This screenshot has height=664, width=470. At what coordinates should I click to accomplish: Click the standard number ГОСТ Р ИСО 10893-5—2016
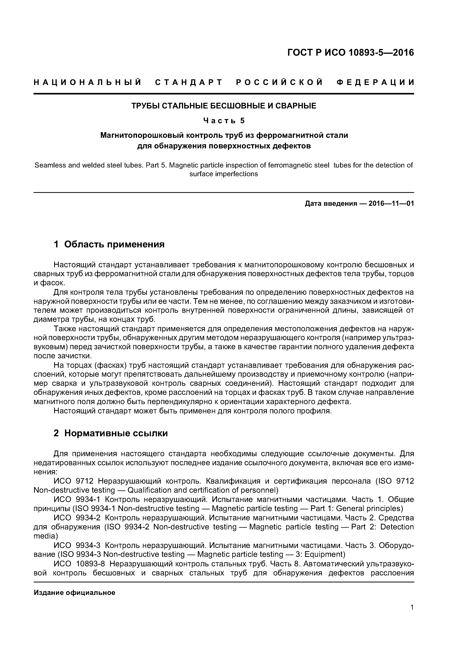click(x=350, y=53)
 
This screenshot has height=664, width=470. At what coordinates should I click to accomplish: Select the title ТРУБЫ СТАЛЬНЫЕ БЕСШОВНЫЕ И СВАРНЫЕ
click(x=224, y=106)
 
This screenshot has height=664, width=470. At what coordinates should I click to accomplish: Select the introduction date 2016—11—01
click(x=391, y=204)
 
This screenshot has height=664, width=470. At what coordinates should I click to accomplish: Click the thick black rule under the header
click(x=224, y=94)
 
